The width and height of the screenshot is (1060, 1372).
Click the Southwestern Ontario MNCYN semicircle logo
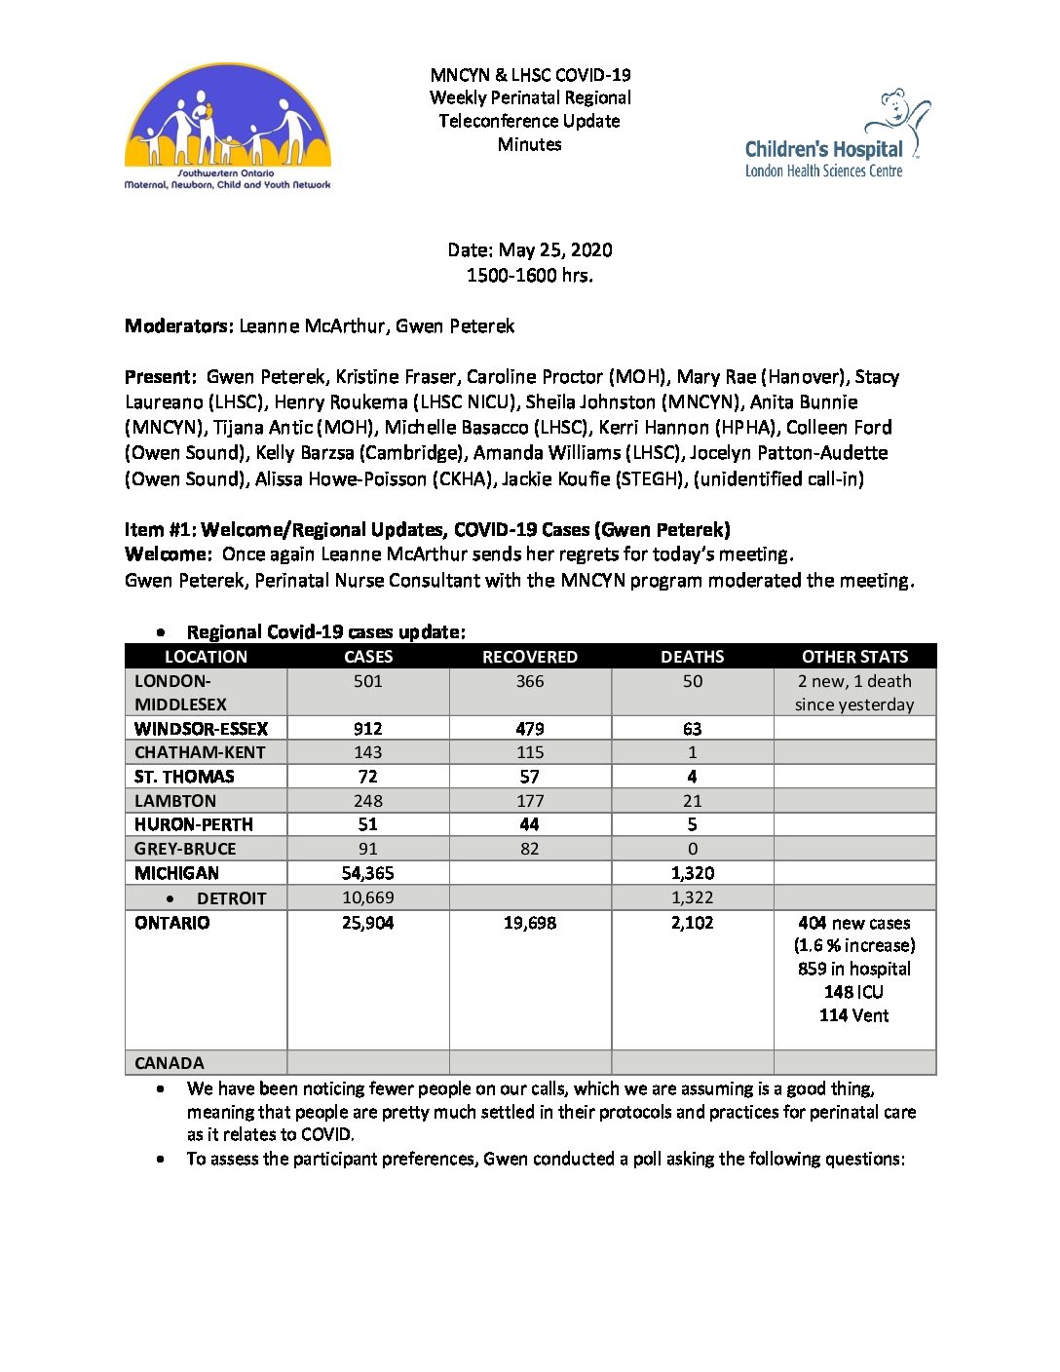[x=228, y=127]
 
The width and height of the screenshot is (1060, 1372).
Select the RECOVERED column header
[x=530, y=657]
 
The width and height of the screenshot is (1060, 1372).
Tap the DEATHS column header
[x=692, y=657]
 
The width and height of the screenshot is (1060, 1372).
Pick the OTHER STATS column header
[x=854, y=657]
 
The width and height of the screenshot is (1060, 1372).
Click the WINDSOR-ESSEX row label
[x=201, y=729]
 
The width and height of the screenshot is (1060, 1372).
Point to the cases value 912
[x=368, y=729]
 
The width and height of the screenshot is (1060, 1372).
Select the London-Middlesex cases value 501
[x=368, y=681]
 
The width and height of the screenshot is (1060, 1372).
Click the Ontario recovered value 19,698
[x=530, y=923]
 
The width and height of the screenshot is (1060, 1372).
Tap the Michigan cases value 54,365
[x=368, y=873]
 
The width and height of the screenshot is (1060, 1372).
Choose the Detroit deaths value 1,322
[x=692, y=897]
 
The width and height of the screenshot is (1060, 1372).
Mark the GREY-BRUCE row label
[x=185, y=849]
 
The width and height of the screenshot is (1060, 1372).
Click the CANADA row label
[x=170, y=1063]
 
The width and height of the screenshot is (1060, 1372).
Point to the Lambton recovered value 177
[x=530, y=801]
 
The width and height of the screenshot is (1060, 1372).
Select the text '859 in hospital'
[x=854, y=969]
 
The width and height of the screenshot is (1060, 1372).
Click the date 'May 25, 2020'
[x=555, y=250]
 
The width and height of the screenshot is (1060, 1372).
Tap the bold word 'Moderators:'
[x=179, y=326]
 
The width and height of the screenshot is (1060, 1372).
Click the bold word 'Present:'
[x=162, y=377]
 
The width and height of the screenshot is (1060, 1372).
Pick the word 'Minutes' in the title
[x=530, y=144]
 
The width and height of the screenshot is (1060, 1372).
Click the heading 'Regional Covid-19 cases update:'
[x=326, y=632]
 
